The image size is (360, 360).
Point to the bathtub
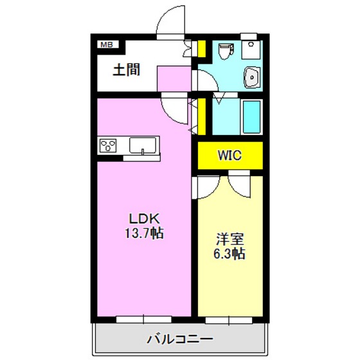point(250,116)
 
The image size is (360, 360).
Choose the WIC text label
point(230,155)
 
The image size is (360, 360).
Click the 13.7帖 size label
point(143,233)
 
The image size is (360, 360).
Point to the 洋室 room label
point(230,239)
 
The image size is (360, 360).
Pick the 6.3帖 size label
point(230,254)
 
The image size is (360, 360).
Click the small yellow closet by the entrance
point(201,48)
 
